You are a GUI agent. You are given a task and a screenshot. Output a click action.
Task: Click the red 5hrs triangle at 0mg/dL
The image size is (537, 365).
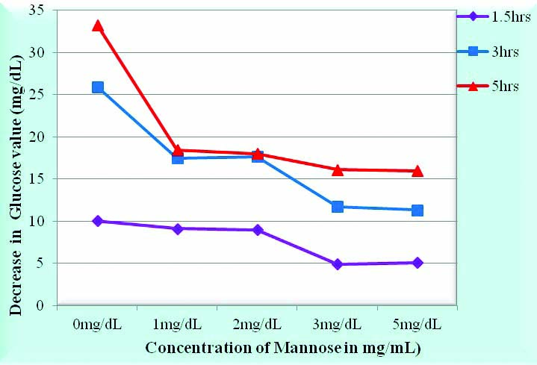pos(98,26)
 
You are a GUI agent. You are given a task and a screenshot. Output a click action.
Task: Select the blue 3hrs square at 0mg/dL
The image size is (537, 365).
pos(98,87)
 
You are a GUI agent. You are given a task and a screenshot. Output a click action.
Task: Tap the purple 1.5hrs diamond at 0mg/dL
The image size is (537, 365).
pos(98,221)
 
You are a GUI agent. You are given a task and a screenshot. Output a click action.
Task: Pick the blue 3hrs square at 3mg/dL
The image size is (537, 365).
pos(338,207)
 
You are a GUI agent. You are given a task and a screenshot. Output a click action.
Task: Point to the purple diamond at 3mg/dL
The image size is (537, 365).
pos(338,264)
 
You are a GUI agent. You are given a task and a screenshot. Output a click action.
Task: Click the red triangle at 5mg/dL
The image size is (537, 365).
pos(418,171)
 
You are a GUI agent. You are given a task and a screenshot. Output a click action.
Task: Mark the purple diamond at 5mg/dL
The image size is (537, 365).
pos(418,263)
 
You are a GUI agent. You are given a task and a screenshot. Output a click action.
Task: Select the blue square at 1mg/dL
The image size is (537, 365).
pos(178,158)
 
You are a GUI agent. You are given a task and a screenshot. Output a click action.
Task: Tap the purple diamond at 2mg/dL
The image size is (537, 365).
pos(258,230)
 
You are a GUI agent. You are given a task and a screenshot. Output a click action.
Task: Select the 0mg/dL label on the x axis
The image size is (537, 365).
pos(98,325)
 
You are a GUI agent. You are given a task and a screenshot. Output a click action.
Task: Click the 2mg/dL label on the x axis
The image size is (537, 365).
pos(258,325)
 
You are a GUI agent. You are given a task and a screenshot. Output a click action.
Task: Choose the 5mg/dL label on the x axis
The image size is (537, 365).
pos(418,325)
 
